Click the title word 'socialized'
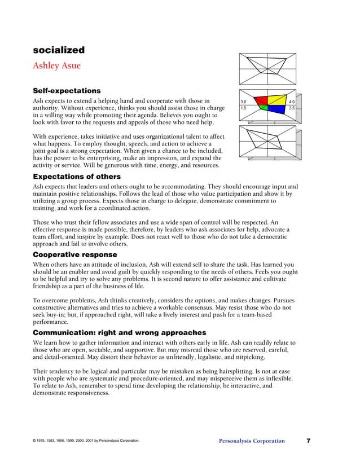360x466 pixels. [59, 50]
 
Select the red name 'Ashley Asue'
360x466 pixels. [56, 65]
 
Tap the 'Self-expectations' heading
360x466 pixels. [67, 90]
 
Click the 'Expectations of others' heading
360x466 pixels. [77, 177]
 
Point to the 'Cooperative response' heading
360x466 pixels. [75, 254]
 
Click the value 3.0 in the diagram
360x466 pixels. [244, 102]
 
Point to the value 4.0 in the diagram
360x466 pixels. [292, 102]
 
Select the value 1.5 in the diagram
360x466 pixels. [244, 108]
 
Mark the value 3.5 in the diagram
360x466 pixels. [292, 108]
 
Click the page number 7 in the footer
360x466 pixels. [309, 441]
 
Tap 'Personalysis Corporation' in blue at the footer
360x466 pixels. [252, 441]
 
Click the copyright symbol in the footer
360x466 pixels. [35, 441]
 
